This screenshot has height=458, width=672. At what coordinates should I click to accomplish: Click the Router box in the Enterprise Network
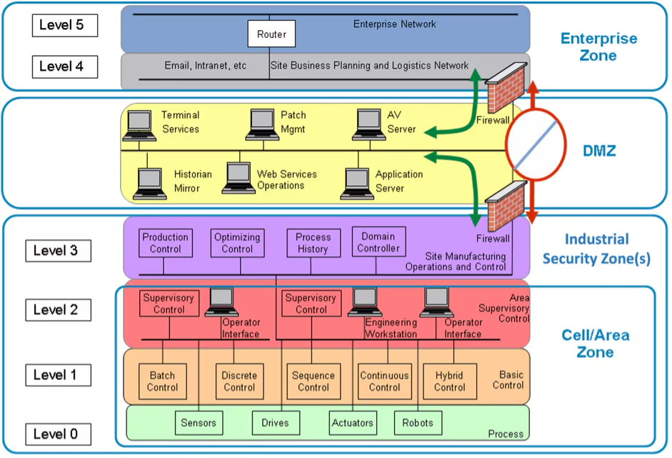point(271,34)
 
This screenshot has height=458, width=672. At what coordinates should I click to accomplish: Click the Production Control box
point(166,243)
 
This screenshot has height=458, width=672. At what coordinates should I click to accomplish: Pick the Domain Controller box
point(378,242)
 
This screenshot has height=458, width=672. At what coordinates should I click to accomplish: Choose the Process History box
point(313,243)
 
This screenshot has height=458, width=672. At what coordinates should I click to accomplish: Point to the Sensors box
point(199,422)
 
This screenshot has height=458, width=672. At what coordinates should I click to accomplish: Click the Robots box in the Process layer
point(418,422)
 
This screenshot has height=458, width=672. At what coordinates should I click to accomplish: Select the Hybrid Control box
point(449,382)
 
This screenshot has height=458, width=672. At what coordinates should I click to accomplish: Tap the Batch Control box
point(162,382)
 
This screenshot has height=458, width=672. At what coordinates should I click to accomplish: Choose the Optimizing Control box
point(237,243)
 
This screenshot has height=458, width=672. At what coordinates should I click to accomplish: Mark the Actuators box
point(352,422)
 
